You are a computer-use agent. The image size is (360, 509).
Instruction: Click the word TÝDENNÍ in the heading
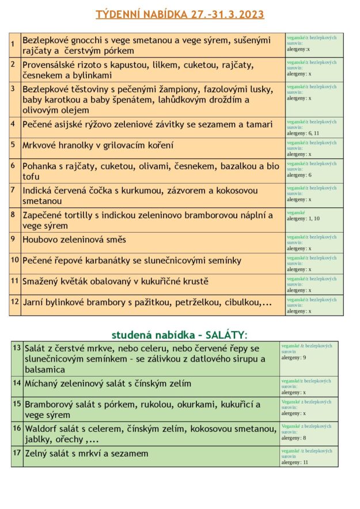point(116,14)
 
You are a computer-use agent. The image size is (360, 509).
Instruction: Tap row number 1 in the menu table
point(13,44)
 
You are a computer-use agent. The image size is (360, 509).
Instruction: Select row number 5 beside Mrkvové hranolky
point(13,145)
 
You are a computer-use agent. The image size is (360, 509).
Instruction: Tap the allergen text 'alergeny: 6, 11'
point(303,133)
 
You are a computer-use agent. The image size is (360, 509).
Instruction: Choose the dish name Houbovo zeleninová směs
point(74,240)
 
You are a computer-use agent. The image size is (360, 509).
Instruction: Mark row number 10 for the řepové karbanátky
point(15,260)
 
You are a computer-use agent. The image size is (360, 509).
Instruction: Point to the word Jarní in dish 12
point(34,302)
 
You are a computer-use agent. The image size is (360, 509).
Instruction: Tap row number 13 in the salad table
point(17,348)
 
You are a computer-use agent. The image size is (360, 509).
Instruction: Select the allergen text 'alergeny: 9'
point(294,358)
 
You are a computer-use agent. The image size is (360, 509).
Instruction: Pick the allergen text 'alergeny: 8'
point(294,438)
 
